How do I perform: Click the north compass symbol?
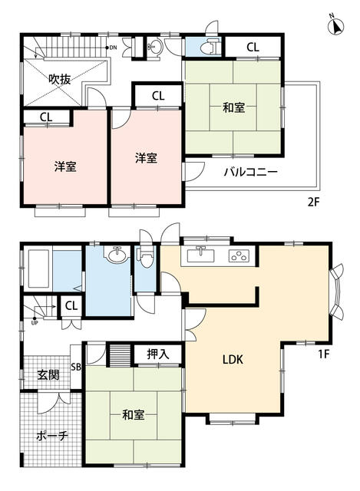[335, 25]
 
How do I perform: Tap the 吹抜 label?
[61, 77]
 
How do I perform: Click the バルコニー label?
[250, 172]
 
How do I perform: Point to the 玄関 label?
[48, 375]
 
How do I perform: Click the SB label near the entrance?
[75, 367]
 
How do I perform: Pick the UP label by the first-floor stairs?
[34, 322]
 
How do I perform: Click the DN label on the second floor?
[112, 48]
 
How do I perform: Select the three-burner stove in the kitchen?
[239, 255]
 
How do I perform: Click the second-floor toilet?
[207, 47]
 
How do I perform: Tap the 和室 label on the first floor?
[134, 416]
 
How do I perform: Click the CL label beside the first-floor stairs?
[71, 306]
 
